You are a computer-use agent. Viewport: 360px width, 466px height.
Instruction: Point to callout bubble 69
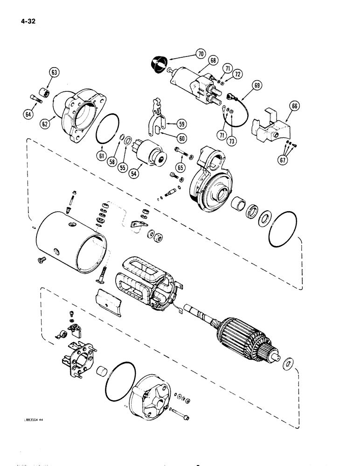click(257, 85)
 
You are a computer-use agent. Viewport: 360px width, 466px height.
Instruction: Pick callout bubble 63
click(55, 72)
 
